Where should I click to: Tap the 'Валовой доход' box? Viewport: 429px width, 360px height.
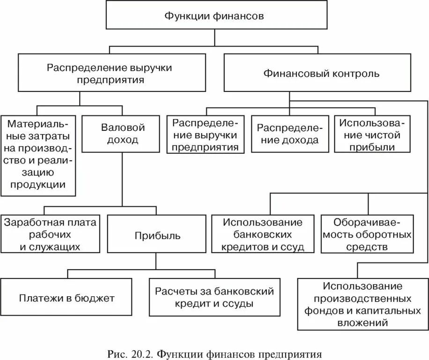tap(123, 134)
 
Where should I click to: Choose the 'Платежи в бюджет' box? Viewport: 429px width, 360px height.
tap(67, 298)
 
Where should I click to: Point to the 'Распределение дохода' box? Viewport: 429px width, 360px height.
tap(288, 134)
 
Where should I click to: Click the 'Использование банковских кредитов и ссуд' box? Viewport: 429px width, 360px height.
tap(263, 234)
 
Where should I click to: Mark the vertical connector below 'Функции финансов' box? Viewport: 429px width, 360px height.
tap(214, 38)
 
